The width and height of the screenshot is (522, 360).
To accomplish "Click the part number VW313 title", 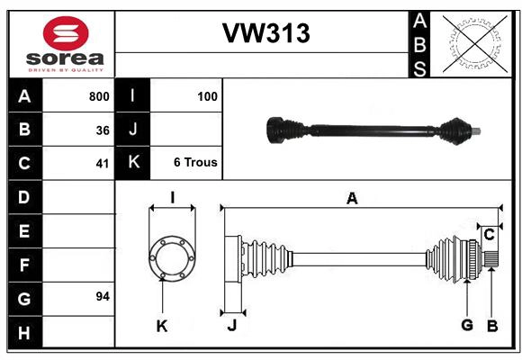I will click(x=265, y=33).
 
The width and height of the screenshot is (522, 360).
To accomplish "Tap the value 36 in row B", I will click(x=103, y=130).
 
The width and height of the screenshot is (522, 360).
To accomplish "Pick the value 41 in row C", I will click(x=103, y=164).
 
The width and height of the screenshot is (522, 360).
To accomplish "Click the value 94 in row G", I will click(x=103, y=296).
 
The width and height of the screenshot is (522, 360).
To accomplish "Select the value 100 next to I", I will click(x=207, y=95).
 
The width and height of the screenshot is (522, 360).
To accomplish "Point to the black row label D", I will click(x=23, y=196).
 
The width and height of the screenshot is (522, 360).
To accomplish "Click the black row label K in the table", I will click(x=132, y=163).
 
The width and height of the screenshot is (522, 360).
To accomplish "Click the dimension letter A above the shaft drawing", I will click(x=352, y=199).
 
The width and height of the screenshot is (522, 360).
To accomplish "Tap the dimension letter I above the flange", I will click(x=171, y=198).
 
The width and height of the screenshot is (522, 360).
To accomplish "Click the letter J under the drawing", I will click(x=231, y=326).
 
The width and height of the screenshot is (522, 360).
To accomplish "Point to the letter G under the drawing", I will click(x=467, y=325).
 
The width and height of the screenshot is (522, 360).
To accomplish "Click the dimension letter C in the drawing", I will click(x=489, y=235).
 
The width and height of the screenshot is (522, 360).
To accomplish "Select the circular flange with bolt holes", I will click(x=171, y=257).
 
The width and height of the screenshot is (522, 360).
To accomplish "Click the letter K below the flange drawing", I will click(x=162, y=326).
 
